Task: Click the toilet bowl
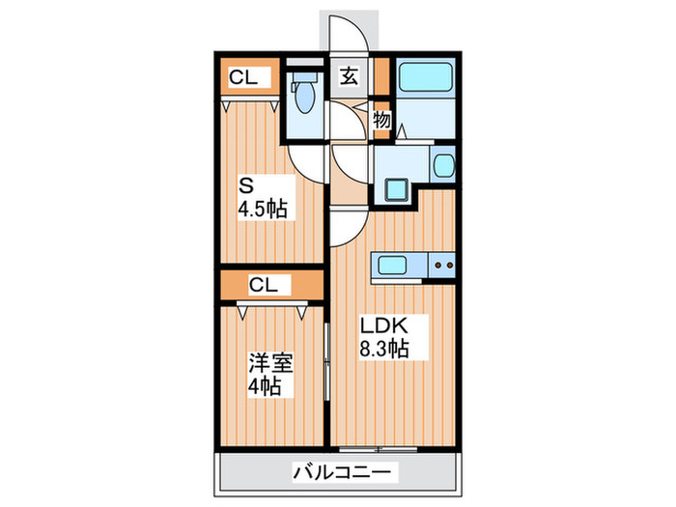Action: (303, 98)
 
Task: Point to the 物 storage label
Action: (381, 120)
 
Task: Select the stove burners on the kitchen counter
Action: (444, 263)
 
